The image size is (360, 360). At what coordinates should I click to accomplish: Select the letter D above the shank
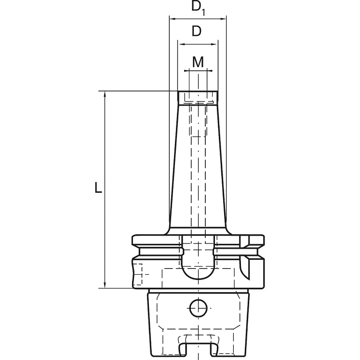click(197, 32)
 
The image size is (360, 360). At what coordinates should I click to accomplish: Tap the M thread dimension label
click(198, 62)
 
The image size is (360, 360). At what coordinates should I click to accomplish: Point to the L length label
click(98, 188)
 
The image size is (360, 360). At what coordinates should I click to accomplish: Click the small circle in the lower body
click(198, 307)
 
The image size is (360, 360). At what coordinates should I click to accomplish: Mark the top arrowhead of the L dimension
click(105, 94)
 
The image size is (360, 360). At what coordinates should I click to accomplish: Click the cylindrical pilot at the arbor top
click(198, 98)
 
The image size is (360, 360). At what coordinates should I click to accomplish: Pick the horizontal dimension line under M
click(198, 70)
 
